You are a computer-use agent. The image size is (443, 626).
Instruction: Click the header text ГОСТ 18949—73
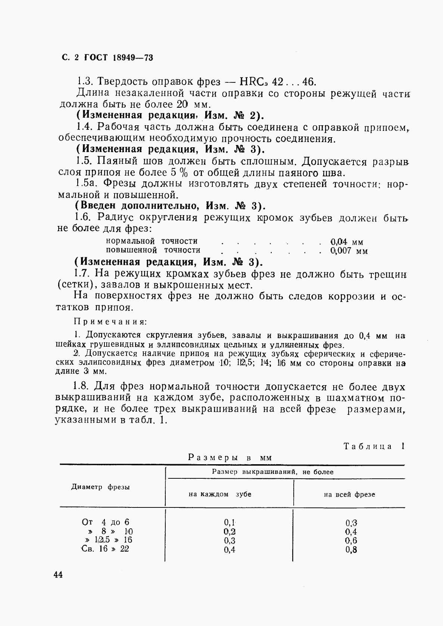point(119,58)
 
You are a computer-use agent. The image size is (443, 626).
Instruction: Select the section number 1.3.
point(85,81)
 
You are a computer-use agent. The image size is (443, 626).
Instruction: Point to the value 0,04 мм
point(347,242)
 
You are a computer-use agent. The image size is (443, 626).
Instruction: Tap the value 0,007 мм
point(349,251)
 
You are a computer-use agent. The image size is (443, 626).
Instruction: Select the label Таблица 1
point(374,446)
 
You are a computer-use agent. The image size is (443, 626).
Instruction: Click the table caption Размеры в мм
point(230,457)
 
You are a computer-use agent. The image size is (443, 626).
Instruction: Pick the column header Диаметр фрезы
point(101,487)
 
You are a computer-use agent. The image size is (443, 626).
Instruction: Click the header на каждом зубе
point(220,494)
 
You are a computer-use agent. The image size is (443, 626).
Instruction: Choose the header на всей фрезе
point(349,495)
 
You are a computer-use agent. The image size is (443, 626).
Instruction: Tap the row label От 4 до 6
point(106,522)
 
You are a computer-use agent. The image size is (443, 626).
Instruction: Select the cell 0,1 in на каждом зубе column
point(230,523)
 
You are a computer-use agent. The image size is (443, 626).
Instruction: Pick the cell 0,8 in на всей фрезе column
point(351,549)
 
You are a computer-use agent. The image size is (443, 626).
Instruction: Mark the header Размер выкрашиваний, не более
point(272,472)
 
